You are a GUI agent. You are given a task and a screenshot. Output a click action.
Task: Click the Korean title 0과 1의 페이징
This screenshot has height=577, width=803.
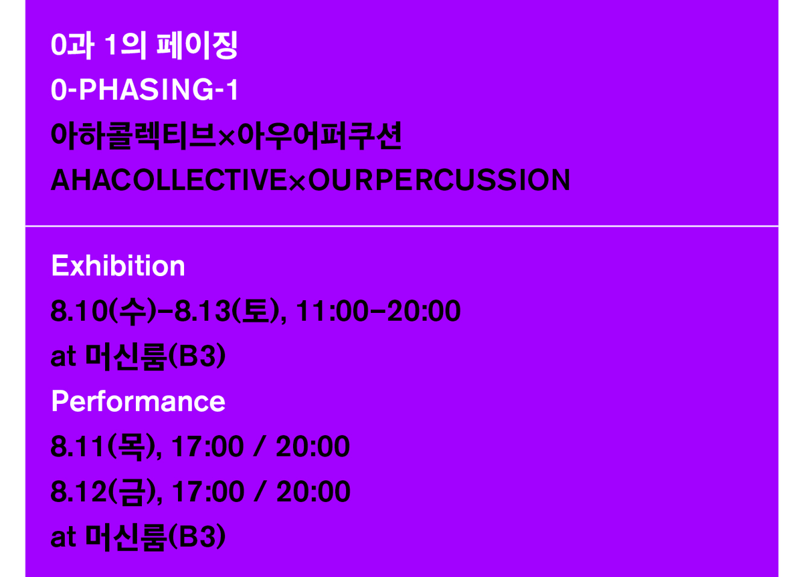(x=144, y=46)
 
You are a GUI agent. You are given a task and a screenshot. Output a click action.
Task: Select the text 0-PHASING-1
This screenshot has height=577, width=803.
(x=145, y=91)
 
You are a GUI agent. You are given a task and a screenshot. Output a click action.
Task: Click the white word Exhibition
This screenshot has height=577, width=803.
(x=118, y=266)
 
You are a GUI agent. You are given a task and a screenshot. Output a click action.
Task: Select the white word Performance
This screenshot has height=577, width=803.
(x=138, y=401)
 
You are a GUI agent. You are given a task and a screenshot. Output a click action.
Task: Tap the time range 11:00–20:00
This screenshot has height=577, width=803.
(x=378, y=312)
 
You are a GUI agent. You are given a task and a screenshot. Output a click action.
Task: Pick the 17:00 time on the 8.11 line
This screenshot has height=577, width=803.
(x=207, y=447)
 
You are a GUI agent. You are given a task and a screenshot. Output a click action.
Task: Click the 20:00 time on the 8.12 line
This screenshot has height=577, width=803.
(x=313, y=492)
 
